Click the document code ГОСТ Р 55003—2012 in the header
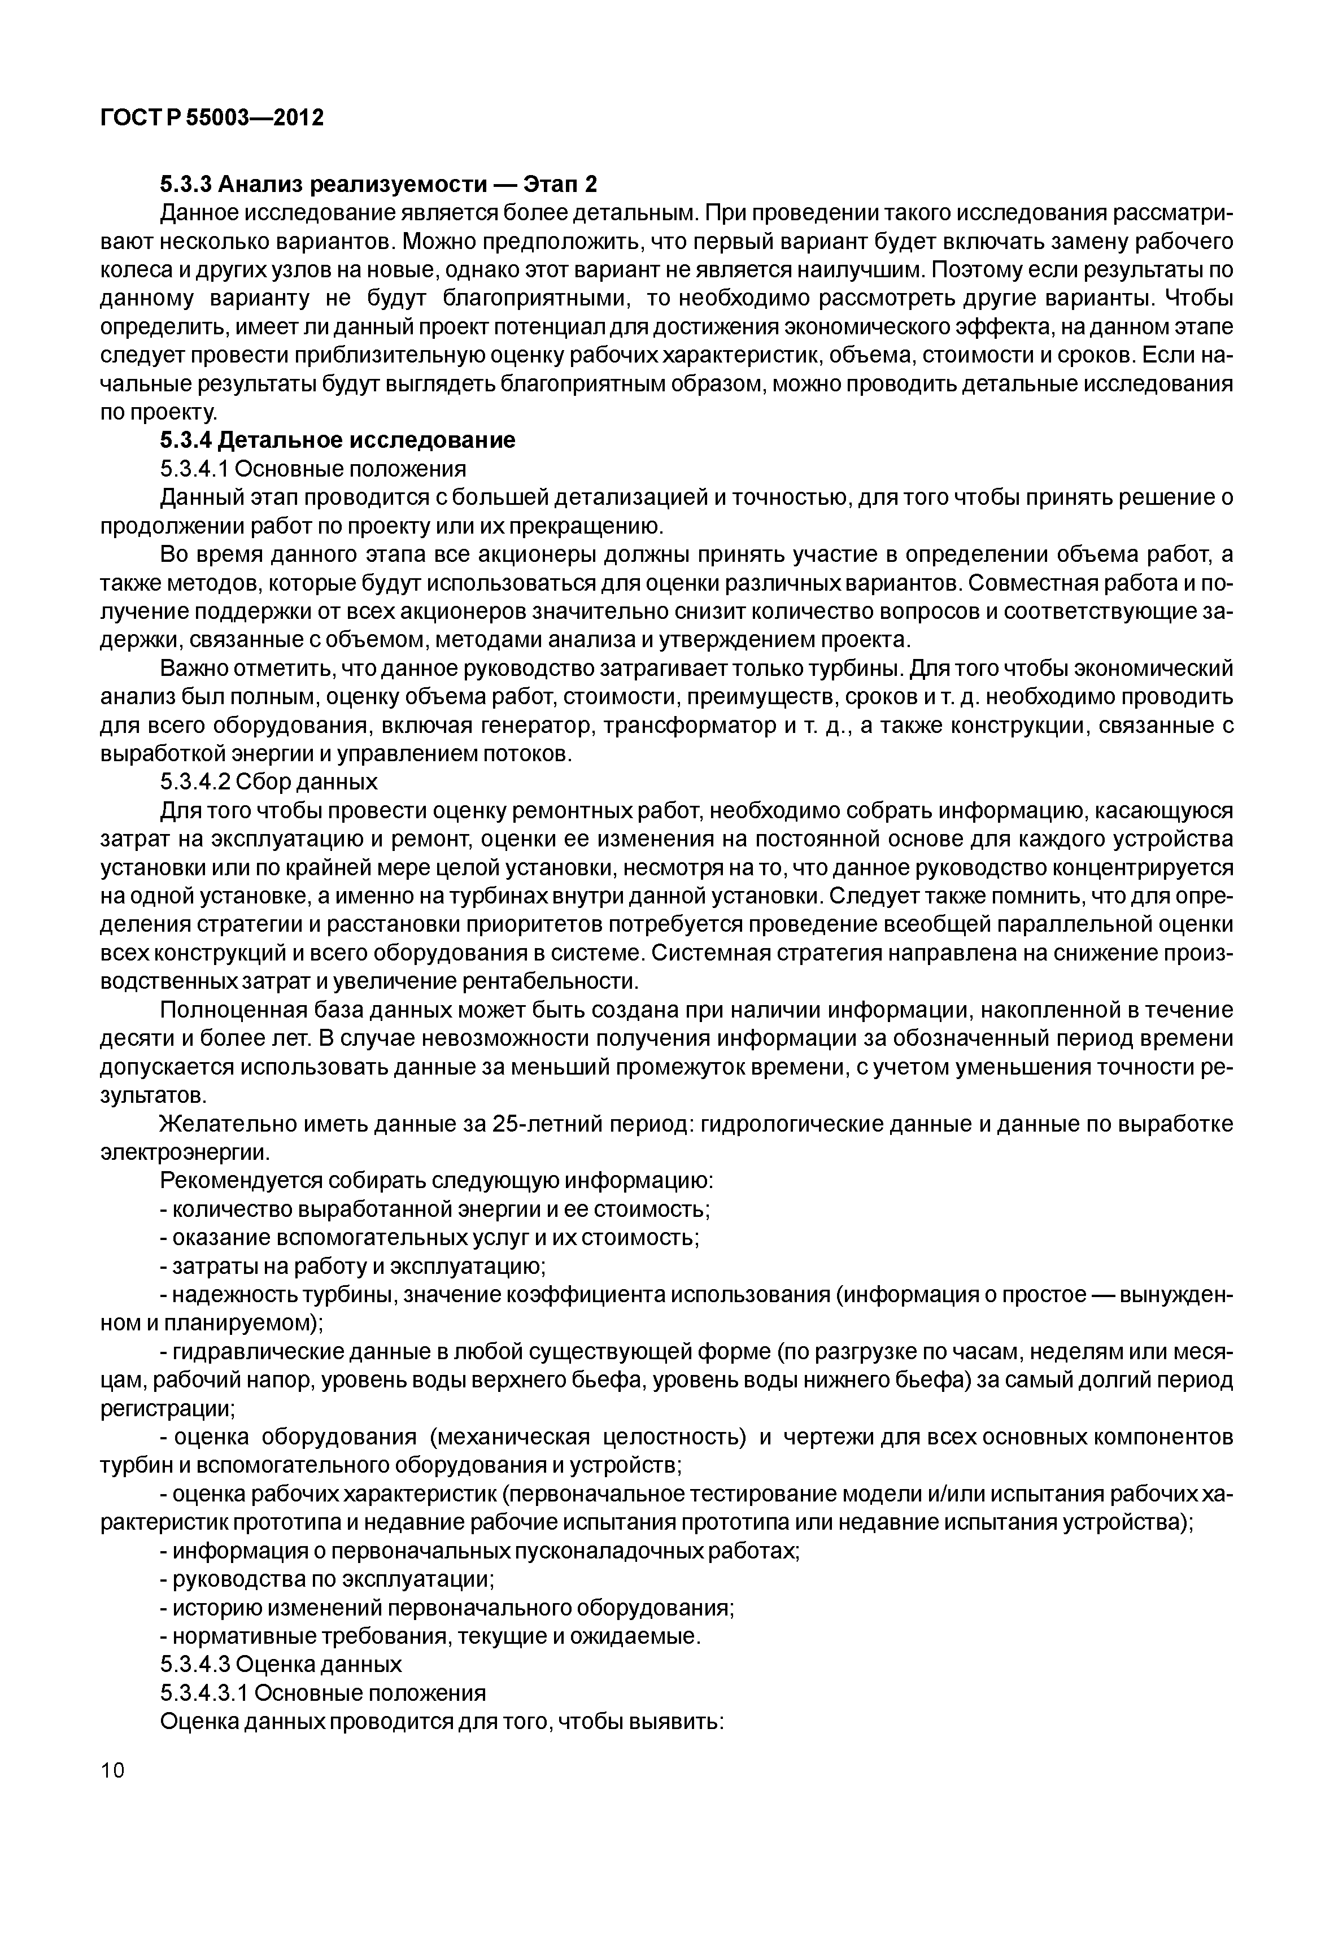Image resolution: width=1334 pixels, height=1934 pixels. click(x=211, y=119)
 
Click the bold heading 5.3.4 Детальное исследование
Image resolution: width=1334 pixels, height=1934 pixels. click(x=338, y=440)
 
